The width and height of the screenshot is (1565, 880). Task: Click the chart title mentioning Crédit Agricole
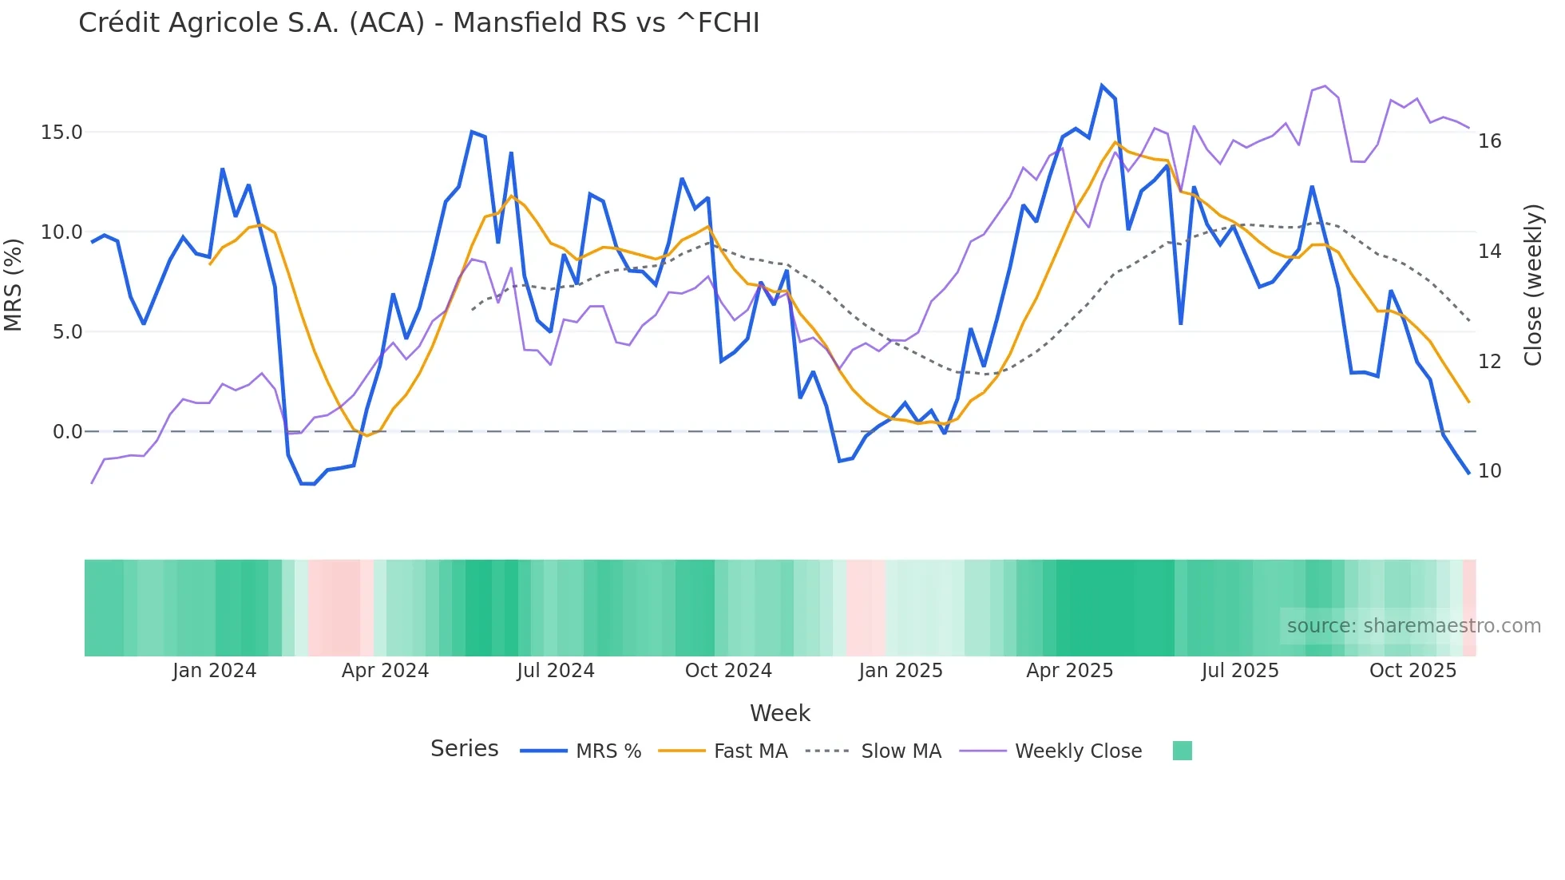pyautogui.click(x=418, y=23)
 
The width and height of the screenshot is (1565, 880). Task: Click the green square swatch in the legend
pyautogui.click(x=1182, y=751)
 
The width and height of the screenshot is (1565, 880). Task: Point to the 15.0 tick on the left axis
pyautogui.click(x=61, y=133)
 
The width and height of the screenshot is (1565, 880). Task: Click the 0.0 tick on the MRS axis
pyautogui.click(x=67, y=432)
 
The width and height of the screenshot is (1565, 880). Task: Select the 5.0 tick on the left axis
pyautogui.click(x=67, y=332)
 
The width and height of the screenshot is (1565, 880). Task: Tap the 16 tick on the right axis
pyautogui.click(x=1489, y=141)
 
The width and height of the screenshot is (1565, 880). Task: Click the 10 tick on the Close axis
pyautogui.click(x=1489, y=471)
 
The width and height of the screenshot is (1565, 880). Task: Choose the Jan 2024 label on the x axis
pyautogui.click(x=214, y=671)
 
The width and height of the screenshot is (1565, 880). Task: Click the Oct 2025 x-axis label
pyautogui.click(x=1412, y=671)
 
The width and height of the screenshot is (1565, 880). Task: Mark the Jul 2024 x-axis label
pyautogui.click(x=556, y=671)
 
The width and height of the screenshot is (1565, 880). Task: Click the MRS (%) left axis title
pyautogui.click(x=14, y=284)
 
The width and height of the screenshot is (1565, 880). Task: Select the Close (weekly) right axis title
pyautogui.click(x=1532, y=285)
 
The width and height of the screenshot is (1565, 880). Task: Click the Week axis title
pyautogui.click(x=779, y=713)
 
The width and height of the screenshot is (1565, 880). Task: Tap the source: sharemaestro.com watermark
pyautogui.click(x=1413, y=626)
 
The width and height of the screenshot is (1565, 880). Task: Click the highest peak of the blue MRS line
pyautogui.click(x=1102, y=85)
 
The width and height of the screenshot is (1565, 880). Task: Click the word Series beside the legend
pyautogui.click(x=464, y=749)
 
